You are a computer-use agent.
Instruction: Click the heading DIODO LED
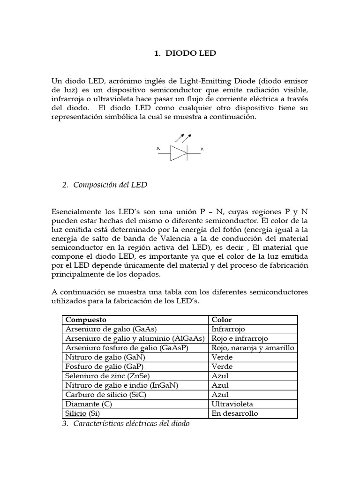tap(185, 53)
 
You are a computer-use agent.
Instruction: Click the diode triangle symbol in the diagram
tap(178, 153)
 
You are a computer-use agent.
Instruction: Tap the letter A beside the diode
tap(158, 149)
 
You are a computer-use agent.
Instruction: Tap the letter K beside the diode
tap(202, 149)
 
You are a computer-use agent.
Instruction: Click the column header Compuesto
tap(86, 320)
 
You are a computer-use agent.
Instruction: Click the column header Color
tap(222, 320)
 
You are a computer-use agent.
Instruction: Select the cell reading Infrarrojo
tap(228, 329)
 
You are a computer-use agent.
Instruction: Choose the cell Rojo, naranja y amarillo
tap(253, 348)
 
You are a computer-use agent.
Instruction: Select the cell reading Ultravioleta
tap(232, 404)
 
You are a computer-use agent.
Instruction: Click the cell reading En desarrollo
tap(235, 413)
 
